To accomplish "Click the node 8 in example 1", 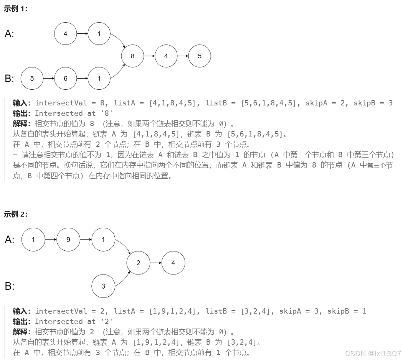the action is [132, 56].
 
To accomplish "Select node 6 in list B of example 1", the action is [65, 79].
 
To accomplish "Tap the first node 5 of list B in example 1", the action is [32, 79].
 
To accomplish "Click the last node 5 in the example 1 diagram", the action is [199, 56].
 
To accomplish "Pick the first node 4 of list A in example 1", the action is [65, 34].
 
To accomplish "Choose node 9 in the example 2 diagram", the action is [68, 240].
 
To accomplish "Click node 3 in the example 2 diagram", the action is [103, 286].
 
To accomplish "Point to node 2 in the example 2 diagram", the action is [138, 263].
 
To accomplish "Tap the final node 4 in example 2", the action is [173, 263].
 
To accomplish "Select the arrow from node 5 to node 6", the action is [48, 79].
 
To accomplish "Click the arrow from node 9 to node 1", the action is [85, 240].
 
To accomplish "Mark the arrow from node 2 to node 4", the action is [155, 263].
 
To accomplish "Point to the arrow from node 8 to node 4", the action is [149, 56].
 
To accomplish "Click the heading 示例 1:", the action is [16, 9].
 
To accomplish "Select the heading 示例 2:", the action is [16, 214].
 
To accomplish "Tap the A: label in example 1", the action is [10, 34].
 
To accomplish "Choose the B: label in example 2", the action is [10, 286].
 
